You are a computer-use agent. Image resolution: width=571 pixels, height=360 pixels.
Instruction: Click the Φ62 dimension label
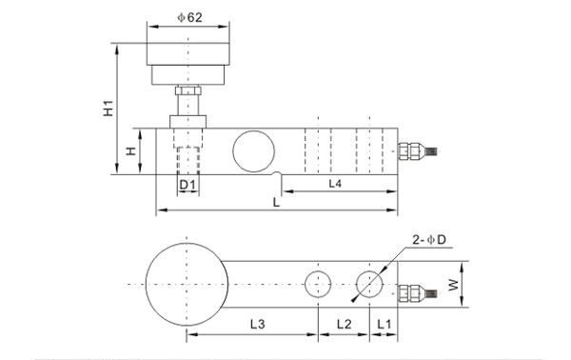[189, 17]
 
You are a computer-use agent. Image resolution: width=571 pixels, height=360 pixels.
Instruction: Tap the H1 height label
[108, 109]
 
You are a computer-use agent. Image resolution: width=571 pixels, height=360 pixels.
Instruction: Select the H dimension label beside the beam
[130, 150]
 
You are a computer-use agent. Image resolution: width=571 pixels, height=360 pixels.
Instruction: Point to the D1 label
[187, 185]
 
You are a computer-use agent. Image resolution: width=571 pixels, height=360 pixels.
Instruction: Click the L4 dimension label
[335, 183]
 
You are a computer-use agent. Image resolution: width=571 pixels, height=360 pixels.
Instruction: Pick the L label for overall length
[276, 202]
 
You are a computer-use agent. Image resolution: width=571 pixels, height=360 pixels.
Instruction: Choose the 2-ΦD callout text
[429, 240]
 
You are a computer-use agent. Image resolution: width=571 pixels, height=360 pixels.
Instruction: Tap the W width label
[454, 285]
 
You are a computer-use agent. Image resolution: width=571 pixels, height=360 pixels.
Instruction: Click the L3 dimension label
[258, 324]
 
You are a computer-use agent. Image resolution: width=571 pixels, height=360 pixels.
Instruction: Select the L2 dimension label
[344, 324]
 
